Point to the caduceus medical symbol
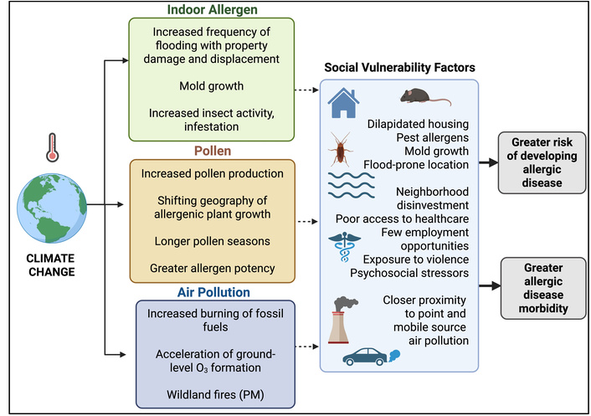click(x=343, y=249)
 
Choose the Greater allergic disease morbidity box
click(x=536, y=287)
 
